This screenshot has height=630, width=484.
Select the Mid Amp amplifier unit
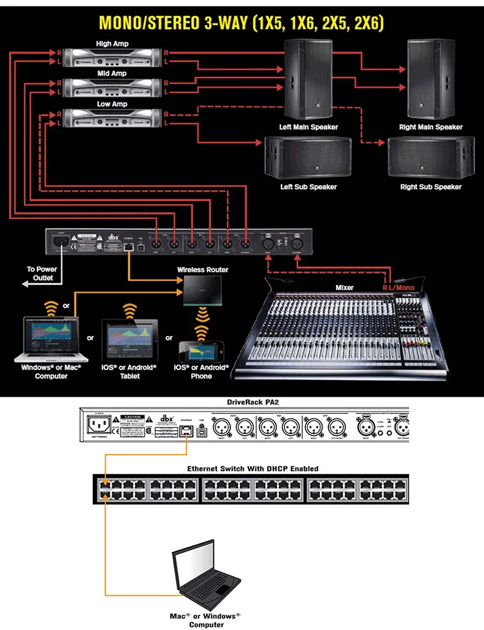tap(112, 86)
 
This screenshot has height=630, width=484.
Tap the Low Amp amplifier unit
tap(112, 117)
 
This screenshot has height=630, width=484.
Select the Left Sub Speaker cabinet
tap(308, 157)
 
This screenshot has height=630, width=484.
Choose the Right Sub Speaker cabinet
tap(430, 157)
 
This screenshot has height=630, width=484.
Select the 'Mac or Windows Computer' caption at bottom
tap(205, 620)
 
